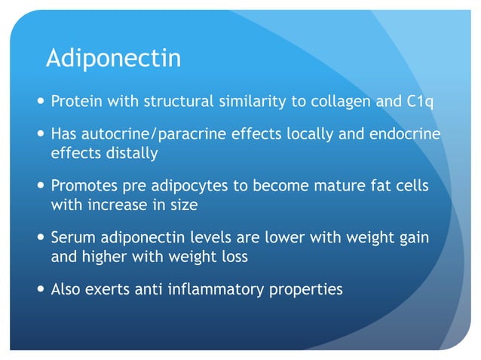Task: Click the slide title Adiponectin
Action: coord(113,58)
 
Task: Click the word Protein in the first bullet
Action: coord(75,101)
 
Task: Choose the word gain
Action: coord(413,238)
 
